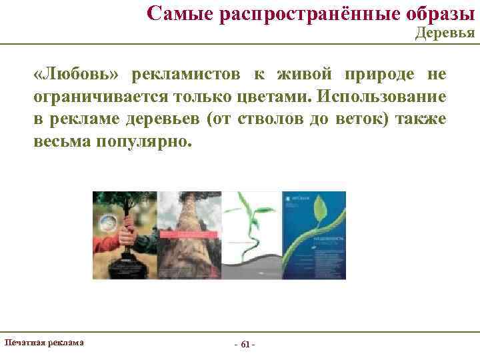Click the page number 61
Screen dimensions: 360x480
[x=245, y=344]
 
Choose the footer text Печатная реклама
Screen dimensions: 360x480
[x=44, y=342]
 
